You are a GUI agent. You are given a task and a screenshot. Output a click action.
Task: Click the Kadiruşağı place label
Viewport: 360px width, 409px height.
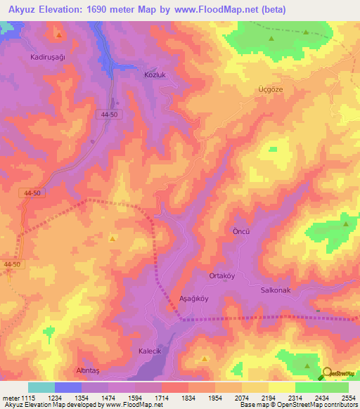(47, 58)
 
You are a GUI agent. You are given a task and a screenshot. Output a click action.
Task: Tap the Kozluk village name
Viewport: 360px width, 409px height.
(134, 74)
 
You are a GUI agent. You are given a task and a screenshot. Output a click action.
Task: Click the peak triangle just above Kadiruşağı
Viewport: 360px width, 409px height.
(59, 34)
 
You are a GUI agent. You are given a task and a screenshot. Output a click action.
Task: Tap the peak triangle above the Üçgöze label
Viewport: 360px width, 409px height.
(271, 38)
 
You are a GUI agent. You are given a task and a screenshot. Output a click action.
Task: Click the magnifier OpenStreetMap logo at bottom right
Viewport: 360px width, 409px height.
(328, 375)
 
